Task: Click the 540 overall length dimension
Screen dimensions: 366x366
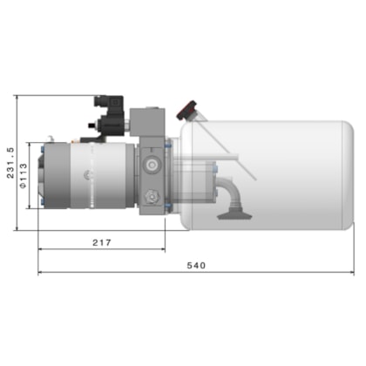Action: pyautogui.click(x=196, y=266)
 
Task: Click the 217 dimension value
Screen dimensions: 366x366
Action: pyautogui.click(x=101, y=243)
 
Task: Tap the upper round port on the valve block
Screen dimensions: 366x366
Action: pyautogui.click(x=152, y=164)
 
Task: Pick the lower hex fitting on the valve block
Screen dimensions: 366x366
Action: pyautogui.click(x=152, y=196)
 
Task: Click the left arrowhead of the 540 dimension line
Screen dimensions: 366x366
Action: pyautogui.click(x=41, y=274)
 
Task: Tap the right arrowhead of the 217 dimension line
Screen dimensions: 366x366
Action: pyautogui.click(x=163, y=250)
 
